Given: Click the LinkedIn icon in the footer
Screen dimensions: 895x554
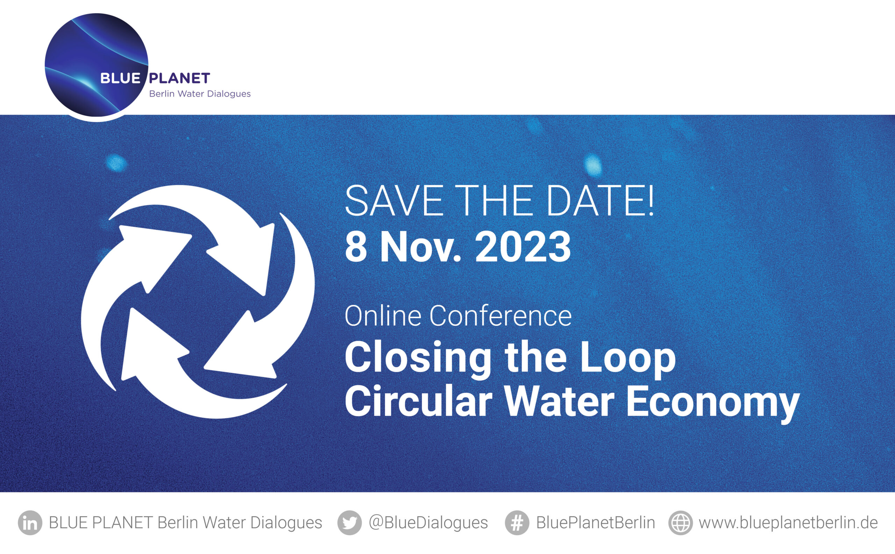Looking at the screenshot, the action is (x=30, y=523).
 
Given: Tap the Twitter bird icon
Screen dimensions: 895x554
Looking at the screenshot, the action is (x=349, y=523).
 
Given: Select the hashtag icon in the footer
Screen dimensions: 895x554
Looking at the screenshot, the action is (x=517, y=523).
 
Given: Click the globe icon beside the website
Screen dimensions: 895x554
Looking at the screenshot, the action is (x=680, y=523).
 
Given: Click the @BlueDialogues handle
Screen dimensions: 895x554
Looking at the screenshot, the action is (x=428, y=523).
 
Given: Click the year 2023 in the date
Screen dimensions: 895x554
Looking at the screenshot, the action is (x=523, y=247).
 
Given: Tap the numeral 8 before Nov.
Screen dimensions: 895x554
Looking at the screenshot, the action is (x=356, y=247).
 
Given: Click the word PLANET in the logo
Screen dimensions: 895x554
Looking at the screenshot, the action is (x=179, y=78).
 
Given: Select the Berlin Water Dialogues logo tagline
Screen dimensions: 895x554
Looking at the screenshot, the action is (x=200, y=94).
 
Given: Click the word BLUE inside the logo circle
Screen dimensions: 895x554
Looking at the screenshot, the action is (x=120, y=78).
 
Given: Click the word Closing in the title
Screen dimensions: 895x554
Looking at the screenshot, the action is (x=418, y=358).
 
